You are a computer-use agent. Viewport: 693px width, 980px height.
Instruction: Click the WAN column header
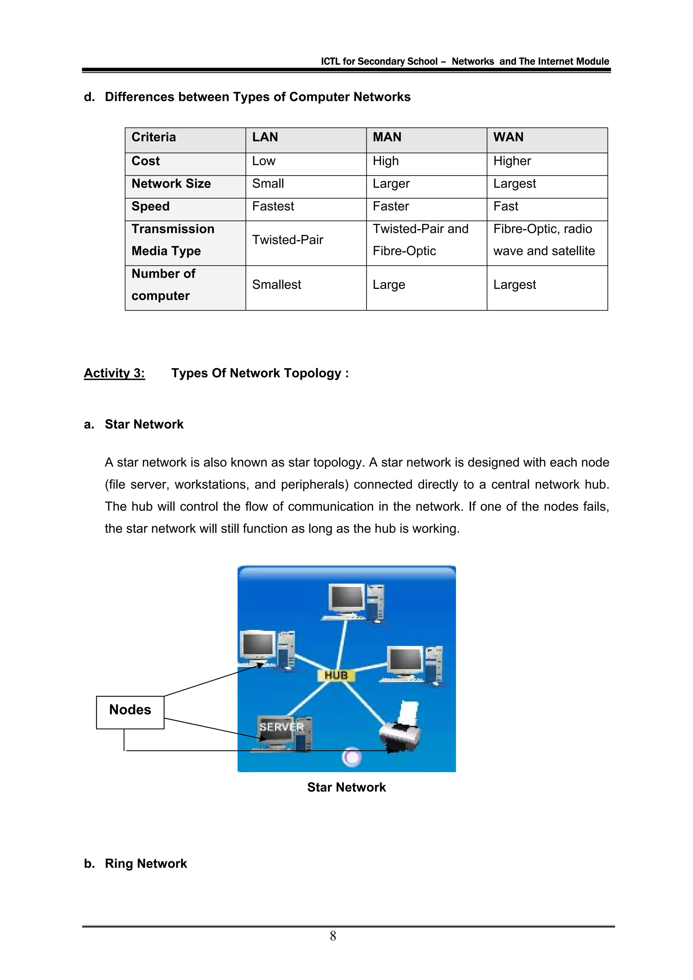pyautogui.click(x=508, y=137)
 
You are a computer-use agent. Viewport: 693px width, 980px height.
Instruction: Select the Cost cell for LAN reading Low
pyautogui.click(x=264, y=161)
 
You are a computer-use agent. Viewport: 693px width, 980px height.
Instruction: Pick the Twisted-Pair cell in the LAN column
pyautogui.click(x=287, y=240)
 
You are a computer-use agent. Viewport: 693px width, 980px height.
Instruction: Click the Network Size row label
pyautogui.click(x=171, y=184)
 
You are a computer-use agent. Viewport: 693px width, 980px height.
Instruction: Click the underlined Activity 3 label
pyautogui.click(x=114, y=373)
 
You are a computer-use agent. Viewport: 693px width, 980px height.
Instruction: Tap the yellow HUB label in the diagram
pyautogui.click(x=336, y=675)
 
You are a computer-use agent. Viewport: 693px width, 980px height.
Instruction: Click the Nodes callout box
pyautogui.click(x=130, y=710)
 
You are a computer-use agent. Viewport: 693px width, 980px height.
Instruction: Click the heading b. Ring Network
pyautogui.click(x=136, y=863)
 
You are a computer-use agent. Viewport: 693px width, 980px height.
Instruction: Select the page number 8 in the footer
pyautogui.click(x=333, y=936)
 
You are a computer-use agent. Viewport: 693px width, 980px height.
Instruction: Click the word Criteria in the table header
pyautogui.click(x=153, y=137)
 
